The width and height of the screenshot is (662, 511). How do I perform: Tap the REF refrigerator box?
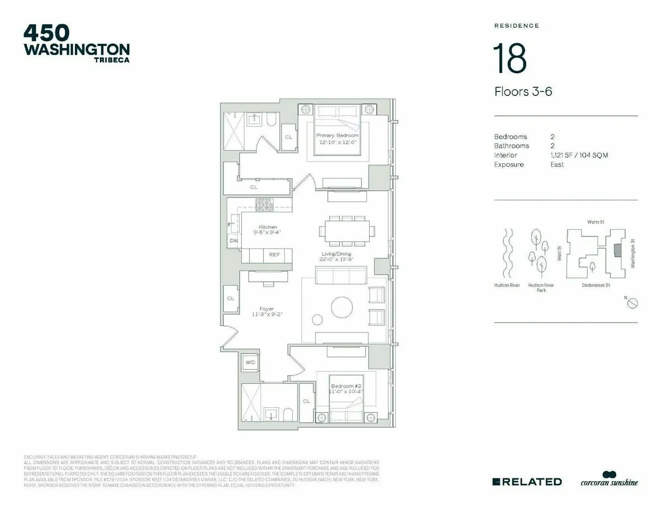274,255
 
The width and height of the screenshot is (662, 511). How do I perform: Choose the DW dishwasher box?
234,241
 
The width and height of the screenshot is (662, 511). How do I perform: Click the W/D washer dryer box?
250,363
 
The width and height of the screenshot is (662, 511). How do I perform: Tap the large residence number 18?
510,58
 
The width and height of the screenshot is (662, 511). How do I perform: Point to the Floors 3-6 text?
523,92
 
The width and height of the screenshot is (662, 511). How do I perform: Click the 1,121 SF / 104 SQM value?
579,155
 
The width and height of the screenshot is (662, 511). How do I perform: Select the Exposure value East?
557,165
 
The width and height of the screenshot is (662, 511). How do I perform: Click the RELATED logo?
527,481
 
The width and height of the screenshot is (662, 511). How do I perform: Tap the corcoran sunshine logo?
609,480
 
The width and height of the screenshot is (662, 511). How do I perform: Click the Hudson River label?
506,286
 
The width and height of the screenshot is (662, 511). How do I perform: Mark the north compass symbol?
633,303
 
